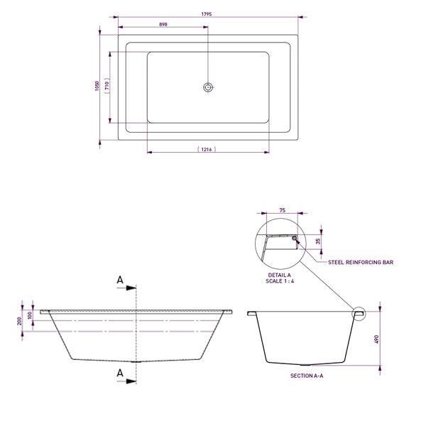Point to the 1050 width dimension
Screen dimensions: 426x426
click(97, 85)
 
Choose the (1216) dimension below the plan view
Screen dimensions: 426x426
click(207, 149)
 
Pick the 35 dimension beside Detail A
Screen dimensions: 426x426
click(317, 240)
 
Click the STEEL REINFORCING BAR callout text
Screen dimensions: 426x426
click(361, 262)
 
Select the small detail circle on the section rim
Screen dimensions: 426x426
click(358, 312)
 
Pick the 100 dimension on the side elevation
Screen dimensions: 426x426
click(30, 315)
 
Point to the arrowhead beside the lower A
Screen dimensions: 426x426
click(132, 381)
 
